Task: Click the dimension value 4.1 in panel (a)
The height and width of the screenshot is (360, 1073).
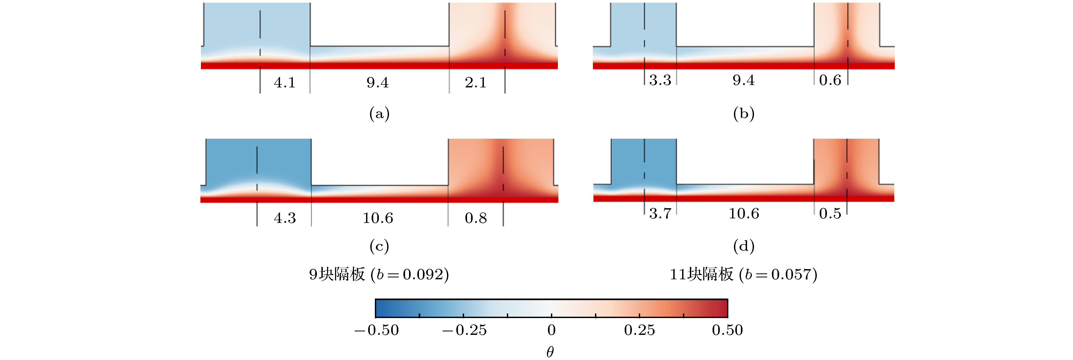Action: pyautogui.click(x=285, y=83)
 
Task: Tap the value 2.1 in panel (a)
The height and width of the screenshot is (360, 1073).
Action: pyautogui.click(x=476, y=83)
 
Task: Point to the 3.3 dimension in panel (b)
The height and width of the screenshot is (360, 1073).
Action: pyautogui.click(x=660, y=80)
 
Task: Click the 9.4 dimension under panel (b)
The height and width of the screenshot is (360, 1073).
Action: pyautogui.click(x=744, y=80)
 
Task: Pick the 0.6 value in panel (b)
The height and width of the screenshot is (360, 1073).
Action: pyautogui.click(x=830, y=80)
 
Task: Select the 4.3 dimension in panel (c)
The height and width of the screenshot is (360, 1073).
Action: pyautogui.click(x=285, y=218)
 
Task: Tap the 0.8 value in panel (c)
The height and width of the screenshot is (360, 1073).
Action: pyautogui.click(x=476, y=218)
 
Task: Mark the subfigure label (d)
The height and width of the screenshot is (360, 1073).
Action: pyautogui.click(x=744, y=246)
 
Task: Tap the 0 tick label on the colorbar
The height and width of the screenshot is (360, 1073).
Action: pyautogui.click(x=551, y=330)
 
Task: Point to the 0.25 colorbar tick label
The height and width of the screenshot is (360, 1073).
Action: pyautogui.click(x=639, y=330)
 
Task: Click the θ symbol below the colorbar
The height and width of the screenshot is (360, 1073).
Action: pyautogui.click(x=550, y=352)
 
